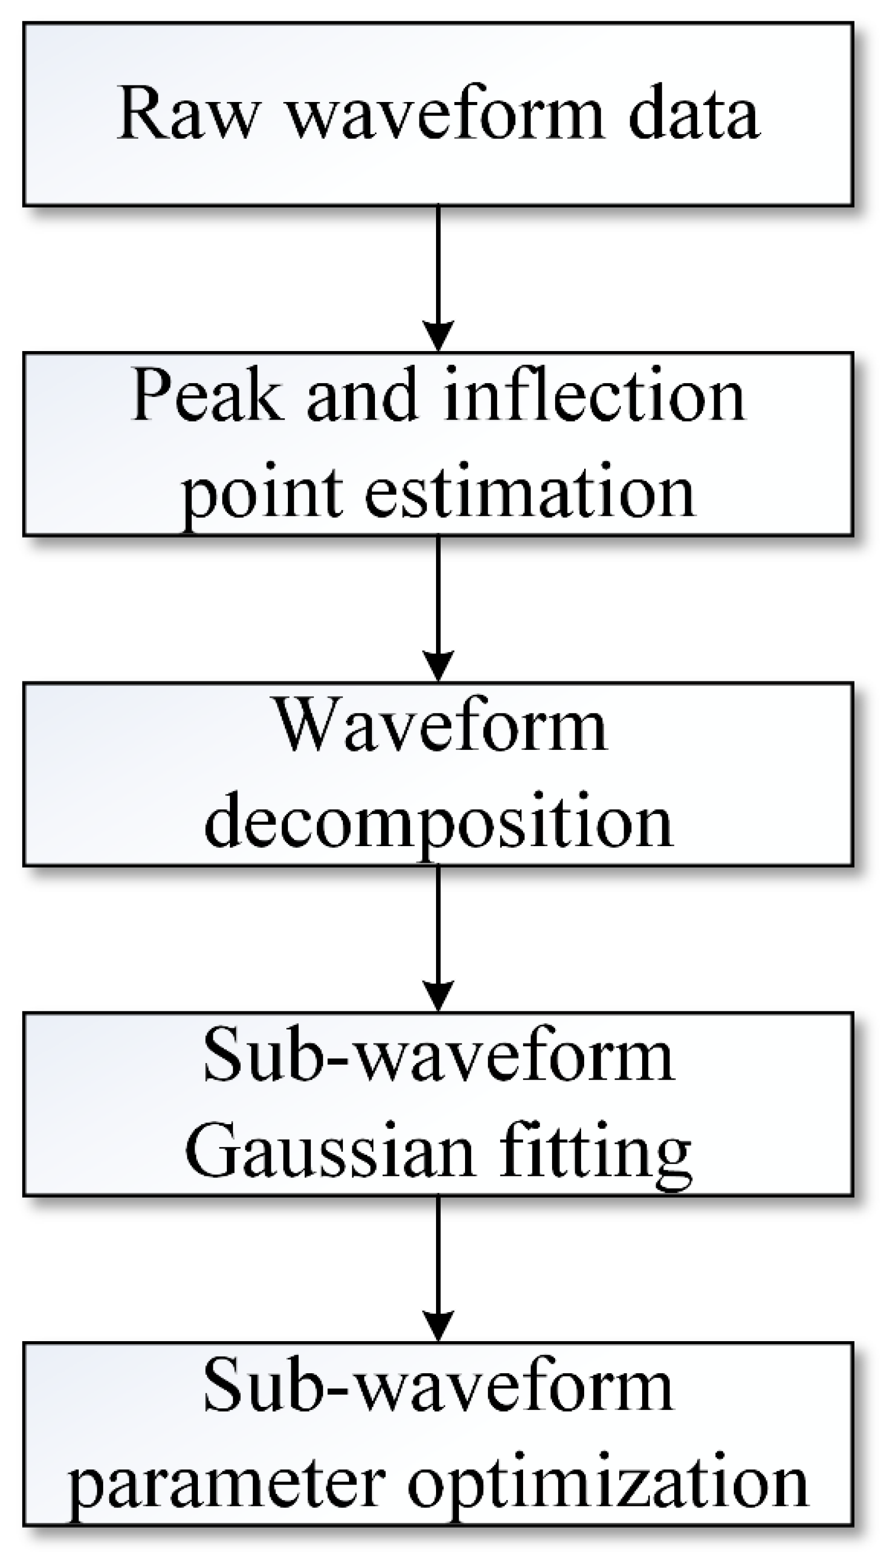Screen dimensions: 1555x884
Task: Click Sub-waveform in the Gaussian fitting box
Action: (438, 1057)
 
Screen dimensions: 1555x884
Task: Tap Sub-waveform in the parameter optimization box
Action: (438, 1387)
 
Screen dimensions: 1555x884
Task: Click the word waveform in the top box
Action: (446, 113)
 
